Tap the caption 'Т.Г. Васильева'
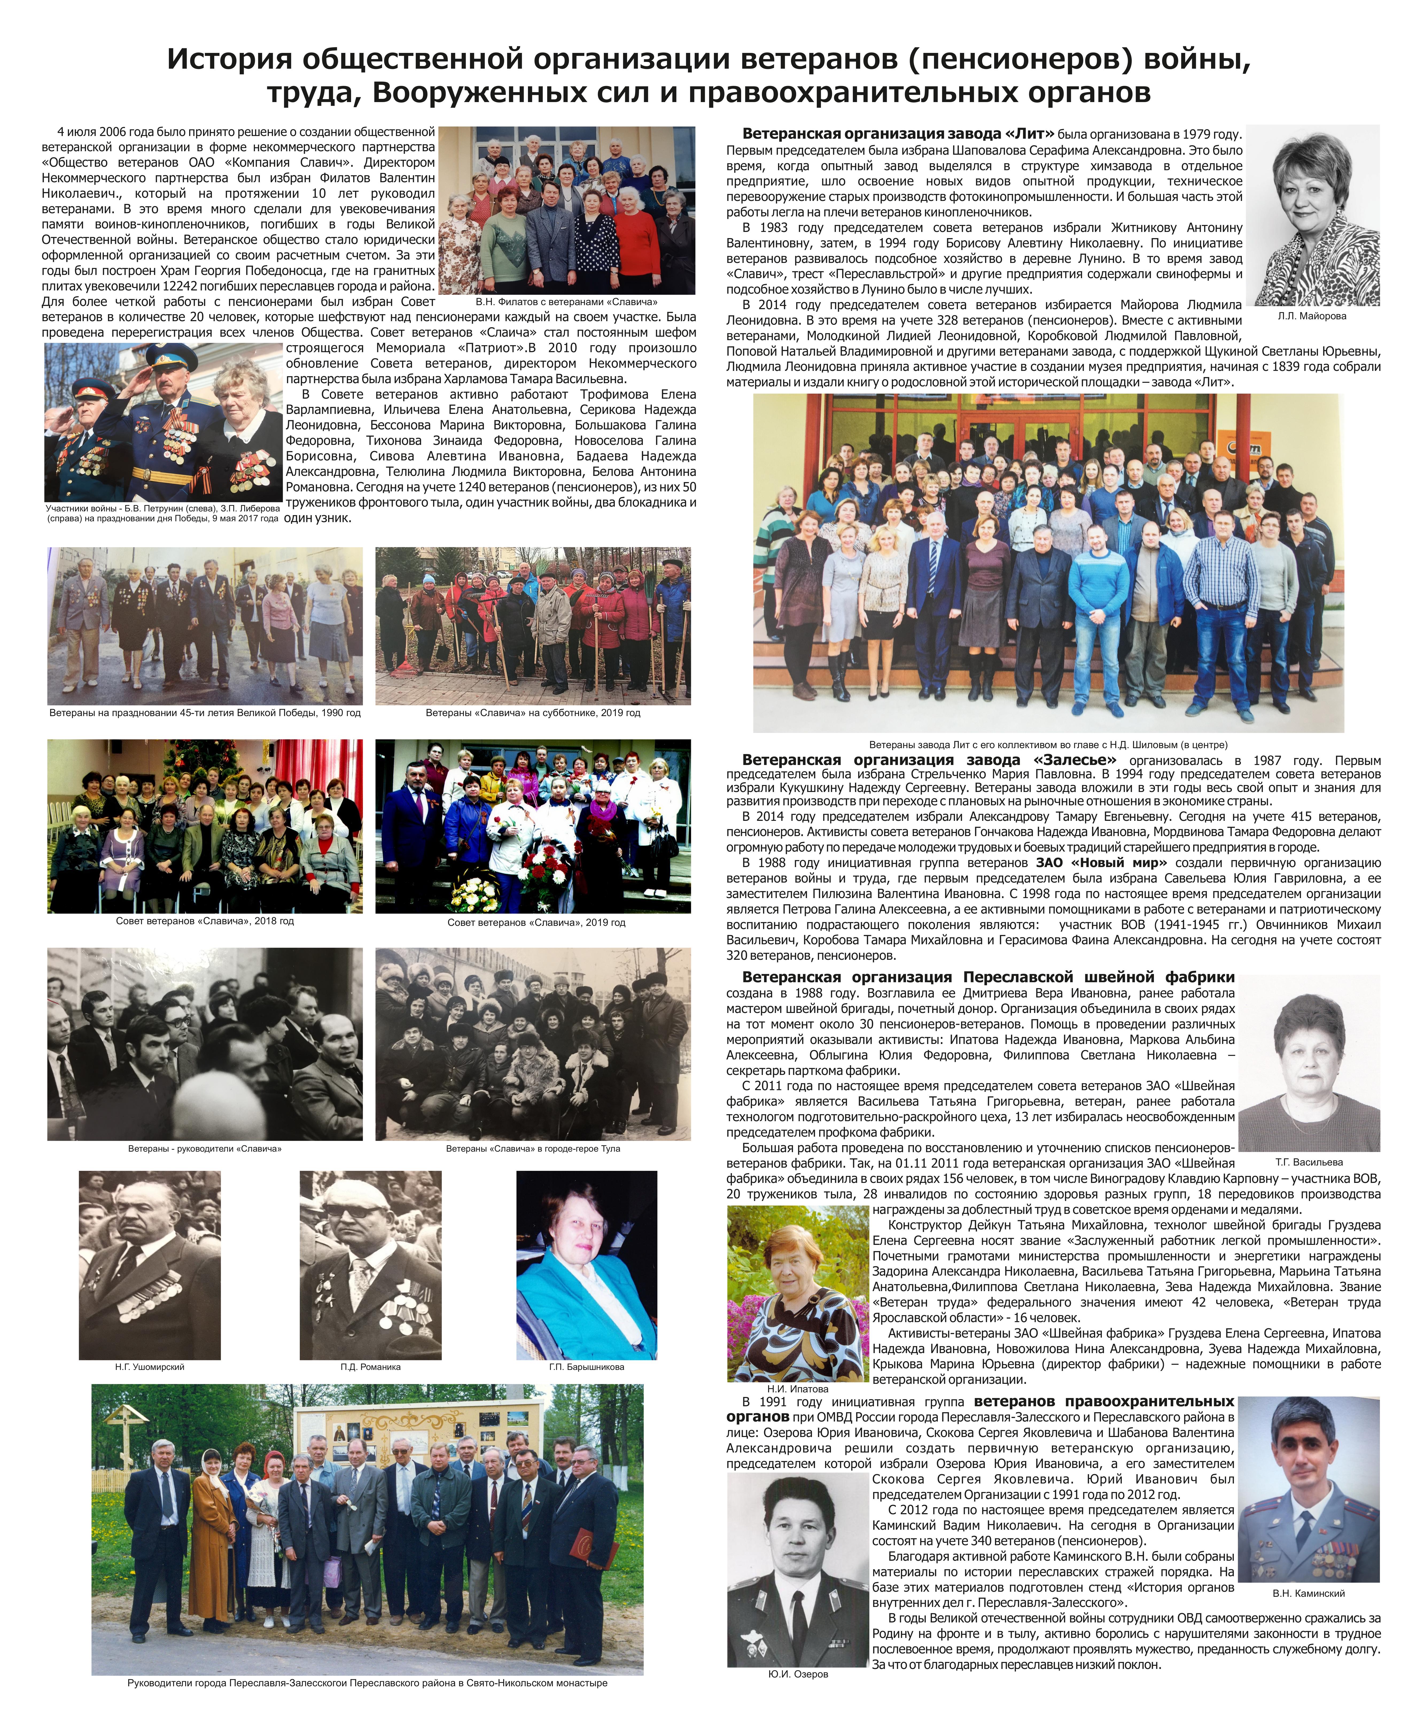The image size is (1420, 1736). tap(1309, 1162)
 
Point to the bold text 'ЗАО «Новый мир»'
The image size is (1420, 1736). tap(1101, 862)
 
